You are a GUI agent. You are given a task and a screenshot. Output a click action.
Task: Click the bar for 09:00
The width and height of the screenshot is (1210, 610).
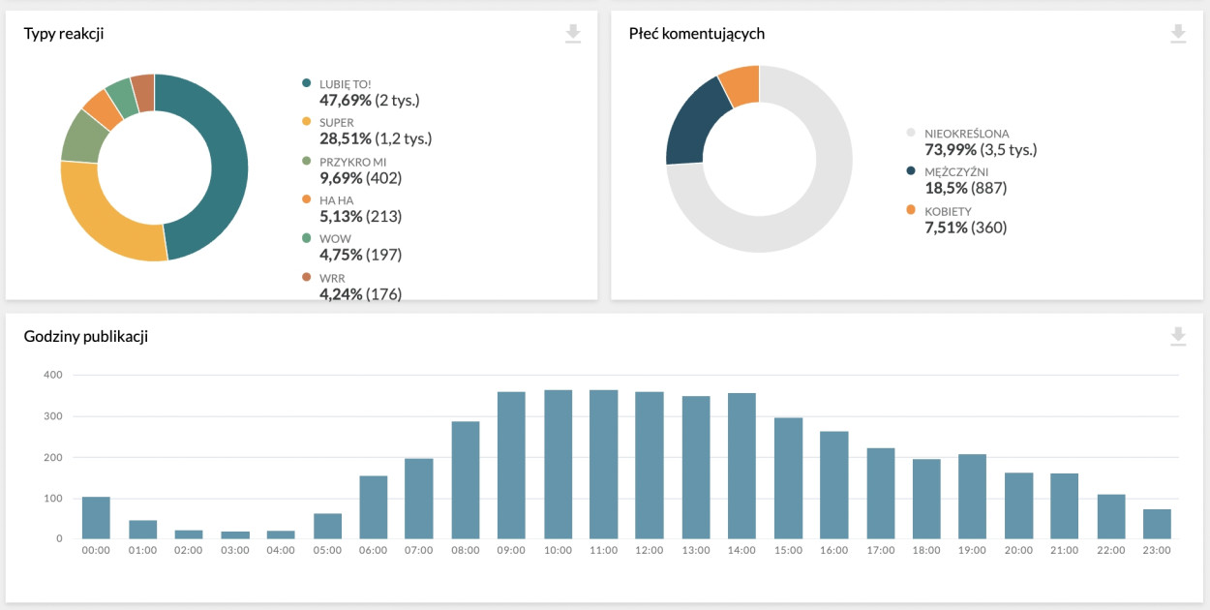coord(511,465)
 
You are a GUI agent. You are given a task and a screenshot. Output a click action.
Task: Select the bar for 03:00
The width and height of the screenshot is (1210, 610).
coord(234,534)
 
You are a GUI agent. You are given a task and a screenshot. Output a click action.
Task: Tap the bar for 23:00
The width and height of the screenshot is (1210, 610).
coord(1157,524)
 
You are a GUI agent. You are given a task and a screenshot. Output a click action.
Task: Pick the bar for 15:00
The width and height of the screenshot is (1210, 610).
coord(788,478)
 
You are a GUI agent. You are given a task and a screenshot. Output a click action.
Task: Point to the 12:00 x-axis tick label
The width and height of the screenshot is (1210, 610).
coord(650,550)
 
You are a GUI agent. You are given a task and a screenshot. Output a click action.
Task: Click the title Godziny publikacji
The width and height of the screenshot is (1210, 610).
coord(85,336)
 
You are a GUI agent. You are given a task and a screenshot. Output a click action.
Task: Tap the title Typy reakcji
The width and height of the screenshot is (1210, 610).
coord(64,34)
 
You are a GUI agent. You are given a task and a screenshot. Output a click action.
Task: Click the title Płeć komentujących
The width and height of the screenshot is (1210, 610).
coord(697,34)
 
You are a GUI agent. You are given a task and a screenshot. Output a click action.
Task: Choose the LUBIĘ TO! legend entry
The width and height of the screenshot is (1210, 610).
coord(345,85)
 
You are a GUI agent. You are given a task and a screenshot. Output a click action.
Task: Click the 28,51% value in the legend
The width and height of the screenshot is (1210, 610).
coord(341,138)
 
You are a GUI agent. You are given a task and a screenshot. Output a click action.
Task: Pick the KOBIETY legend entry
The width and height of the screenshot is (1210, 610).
coord(948,211)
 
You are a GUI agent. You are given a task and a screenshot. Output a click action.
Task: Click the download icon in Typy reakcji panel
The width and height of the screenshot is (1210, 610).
coord(573,34)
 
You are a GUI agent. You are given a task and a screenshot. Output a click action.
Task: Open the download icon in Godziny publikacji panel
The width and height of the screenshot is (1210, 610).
coord(1178,336)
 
